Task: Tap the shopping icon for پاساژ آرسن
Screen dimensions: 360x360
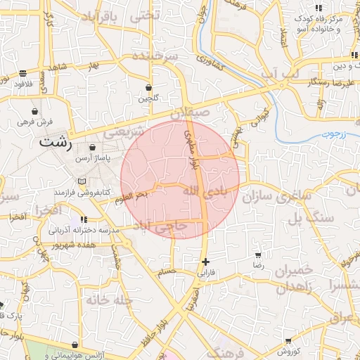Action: pos(93,148)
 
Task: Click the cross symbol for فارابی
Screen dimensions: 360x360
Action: pos(205,262)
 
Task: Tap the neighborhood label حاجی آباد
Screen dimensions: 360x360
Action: pos(179,226)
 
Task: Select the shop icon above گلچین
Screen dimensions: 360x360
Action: pos(148,87)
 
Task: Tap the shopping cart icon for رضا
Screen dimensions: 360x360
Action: pos(259,255)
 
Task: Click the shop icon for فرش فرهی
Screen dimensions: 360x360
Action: pos(34,112)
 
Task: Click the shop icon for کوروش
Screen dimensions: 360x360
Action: pos(288,340)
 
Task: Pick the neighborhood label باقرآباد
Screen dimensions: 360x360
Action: pos(107,15)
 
